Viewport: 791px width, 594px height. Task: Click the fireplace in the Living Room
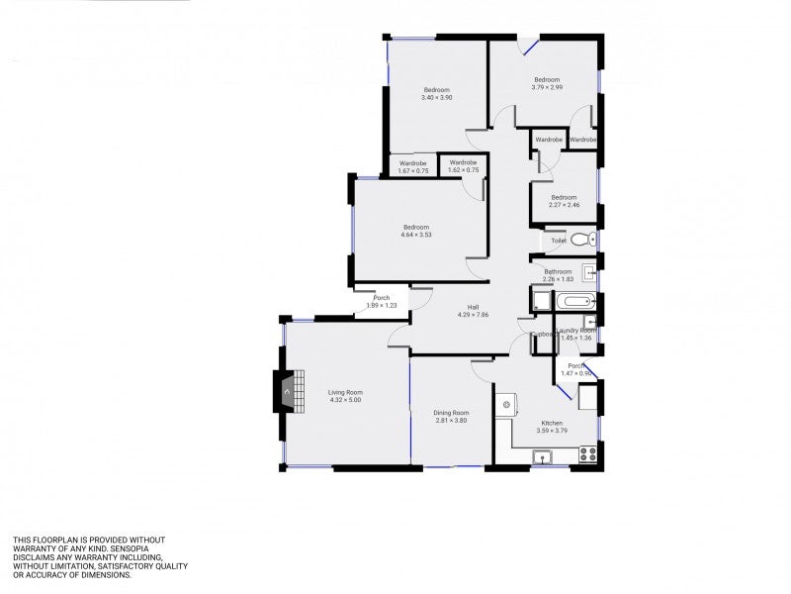coord(285,391)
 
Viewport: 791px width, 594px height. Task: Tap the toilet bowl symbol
coord(582,239)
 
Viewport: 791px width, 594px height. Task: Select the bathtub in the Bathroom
coord(574,301)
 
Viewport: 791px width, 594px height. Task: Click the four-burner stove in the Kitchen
coord(587,454)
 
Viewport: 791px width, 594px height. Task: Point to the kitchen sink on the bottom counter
coord(543,456)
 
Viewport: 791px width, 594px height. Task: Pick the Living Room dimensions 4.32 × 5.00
coord(345,400)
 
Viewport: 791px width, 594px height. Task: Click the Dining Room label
coord(451,412)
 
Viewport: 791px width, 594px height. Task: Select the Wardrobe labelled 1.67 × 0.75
coord(413,171)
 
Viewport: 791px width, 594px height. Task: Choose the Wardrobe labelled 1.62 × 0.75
coord(463,170)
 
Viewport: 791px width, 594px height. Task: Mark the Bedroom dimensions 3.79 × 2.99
coord(547,87)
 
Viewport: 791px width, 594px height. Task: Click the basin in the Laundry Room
coord(590,322)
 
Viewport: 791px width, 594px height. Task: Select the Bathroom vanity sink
coord(589,273)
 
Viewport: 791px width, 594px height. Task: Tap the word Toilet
coord(559,240)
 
